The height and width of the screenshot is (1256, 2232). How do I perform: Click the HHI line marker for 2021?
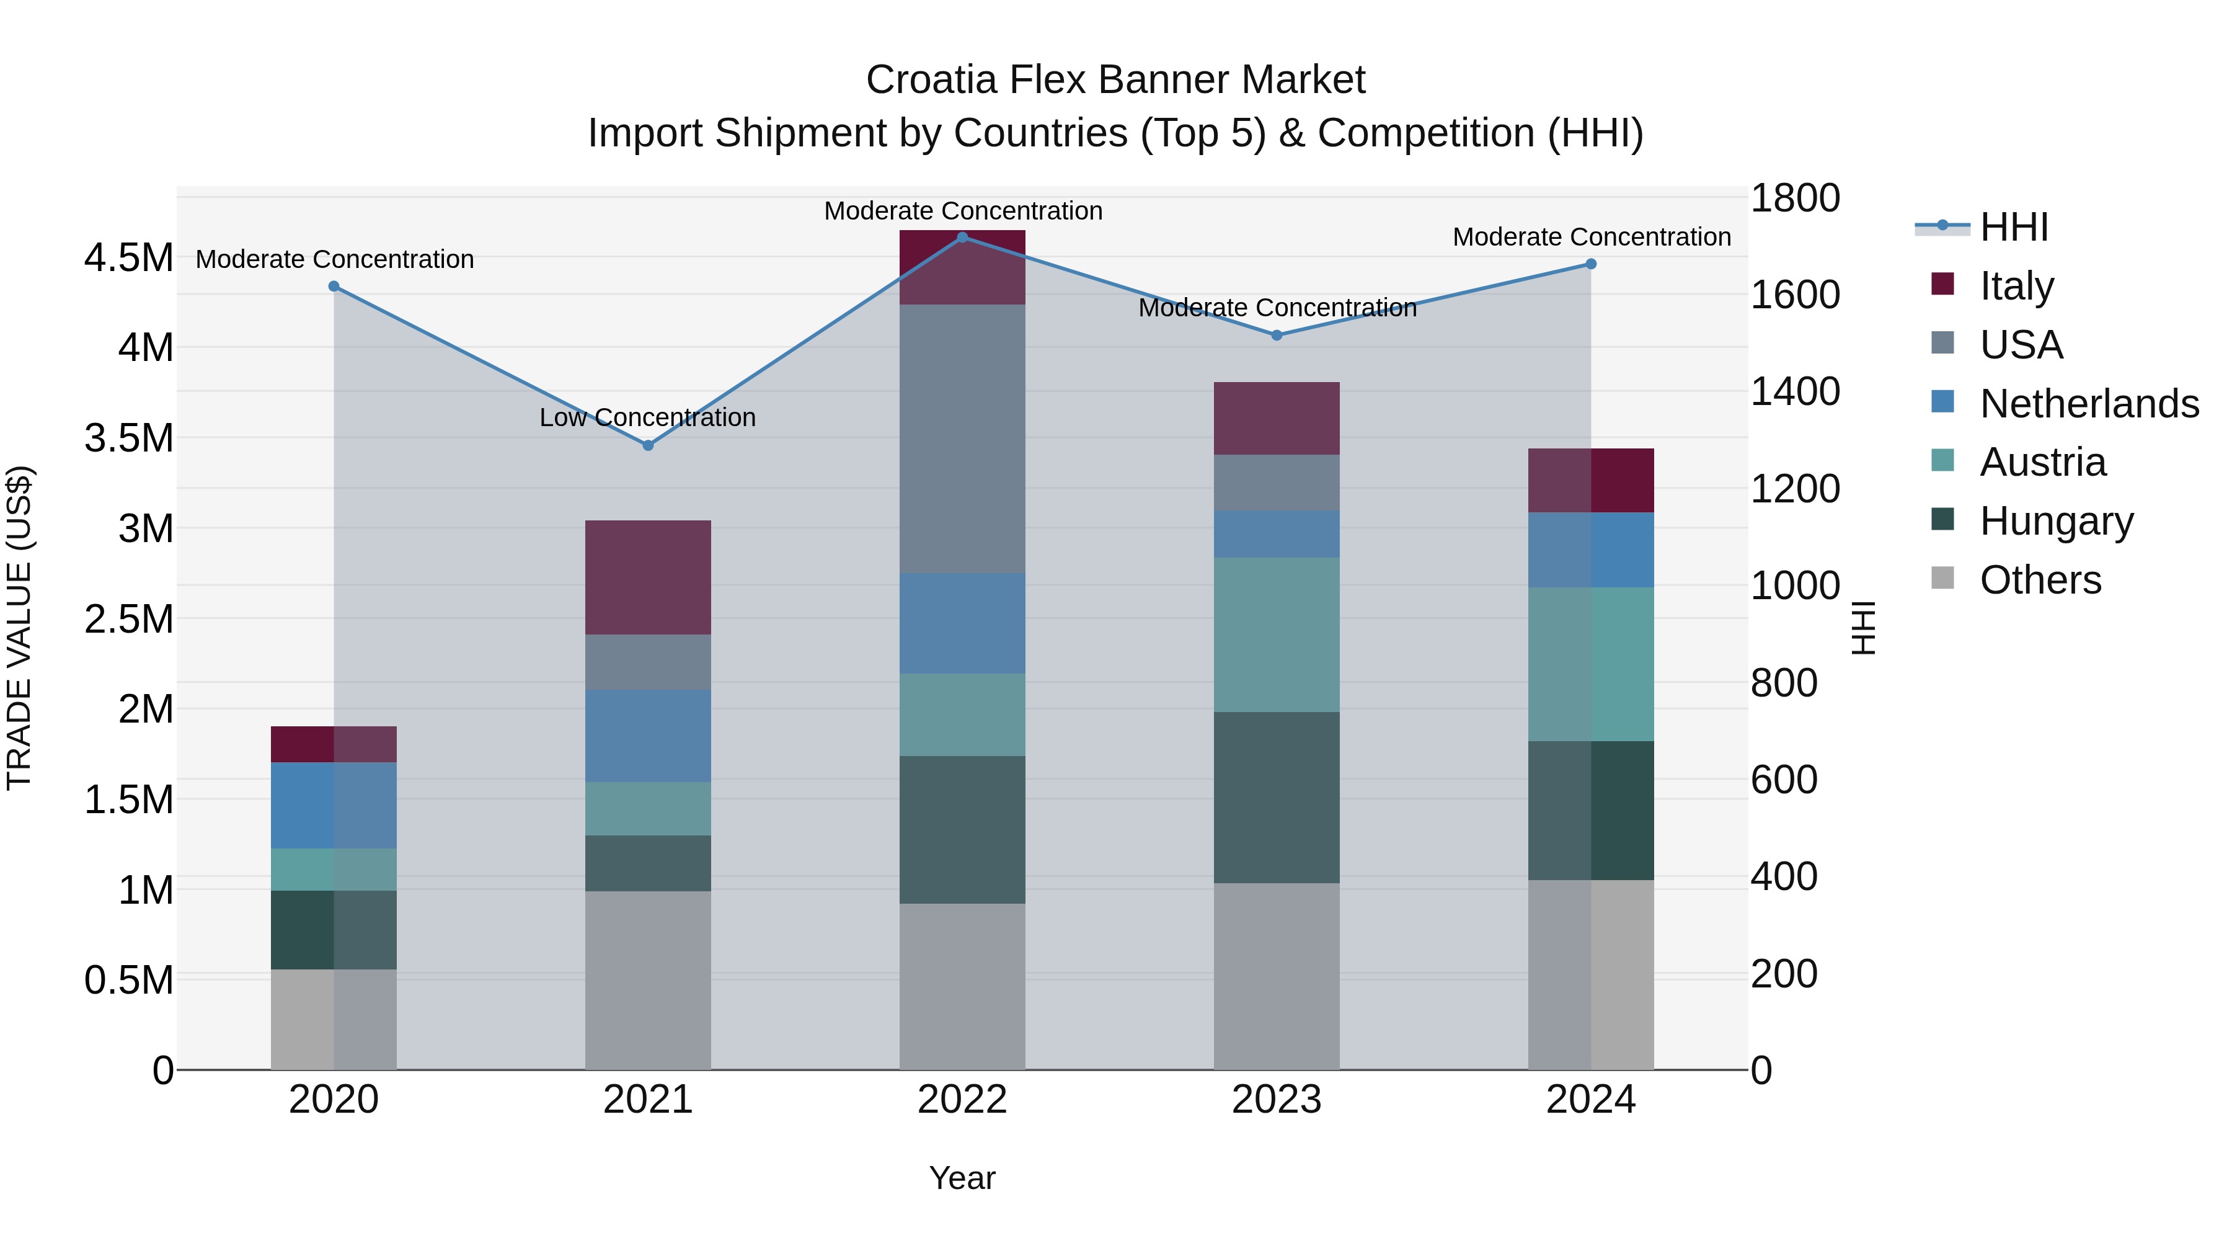(647, 445)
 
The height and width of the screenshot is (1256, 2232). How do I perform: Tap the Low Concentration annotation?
(647, 418)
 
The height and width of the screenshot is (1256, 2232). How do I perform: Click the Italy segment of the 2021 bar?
(647, 577)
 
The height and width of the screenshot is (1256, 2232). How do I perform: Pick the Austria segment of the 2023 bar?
(1277, 635)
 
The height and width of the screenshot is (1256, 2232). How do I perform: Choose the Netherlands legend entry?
(2088, 404)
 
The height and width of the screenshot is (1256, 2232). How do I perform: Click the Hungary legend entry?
(2055, 521)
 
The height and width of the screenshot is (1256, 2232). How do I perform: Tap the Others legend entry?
(2040, 580)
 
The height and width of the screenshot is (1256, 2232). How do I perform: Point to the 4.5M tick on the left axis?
(128, 258)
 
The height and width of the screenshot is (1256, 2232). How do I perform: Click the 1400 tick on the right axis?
(1796, 392)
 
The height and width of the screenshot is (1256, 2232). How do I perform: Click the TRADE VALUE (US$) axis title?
(19, 628)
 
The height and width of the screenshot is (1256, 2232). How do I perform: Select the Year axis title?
(962, 1178)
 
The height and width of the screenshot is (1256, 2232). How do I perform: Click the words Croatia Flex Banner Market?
(1115, 80)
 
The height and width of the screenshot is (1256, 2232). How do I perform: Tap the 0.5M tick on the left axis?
(128, 981)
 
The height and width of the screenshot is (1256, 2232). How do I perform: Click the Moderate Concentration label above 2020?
(334, 259)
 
